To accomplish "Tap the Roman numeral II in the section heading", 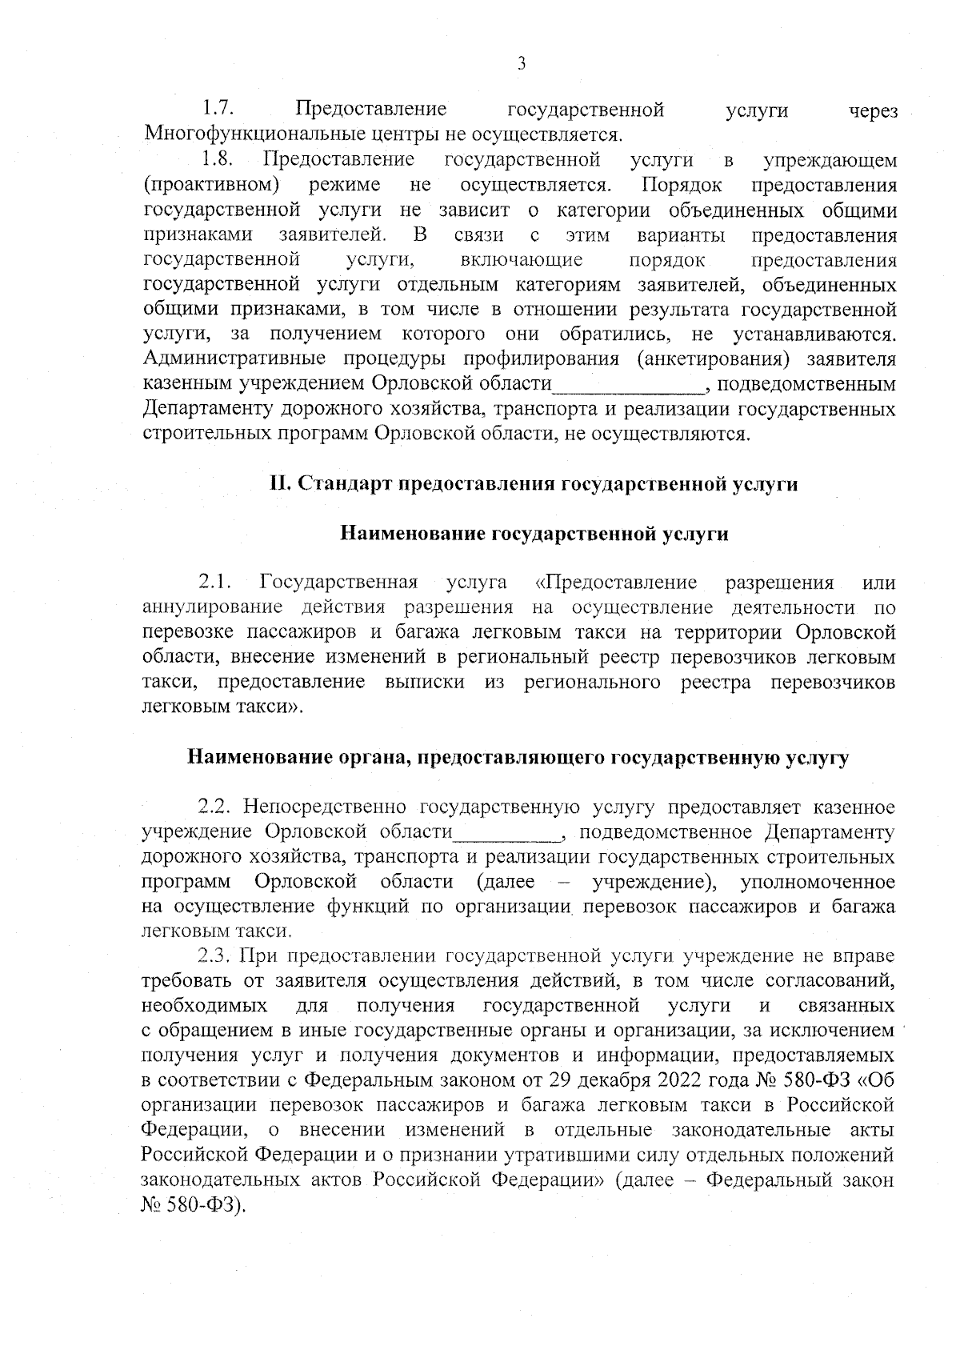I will pos(281,485).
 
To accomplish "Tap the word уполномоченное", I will pos(817,882).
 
